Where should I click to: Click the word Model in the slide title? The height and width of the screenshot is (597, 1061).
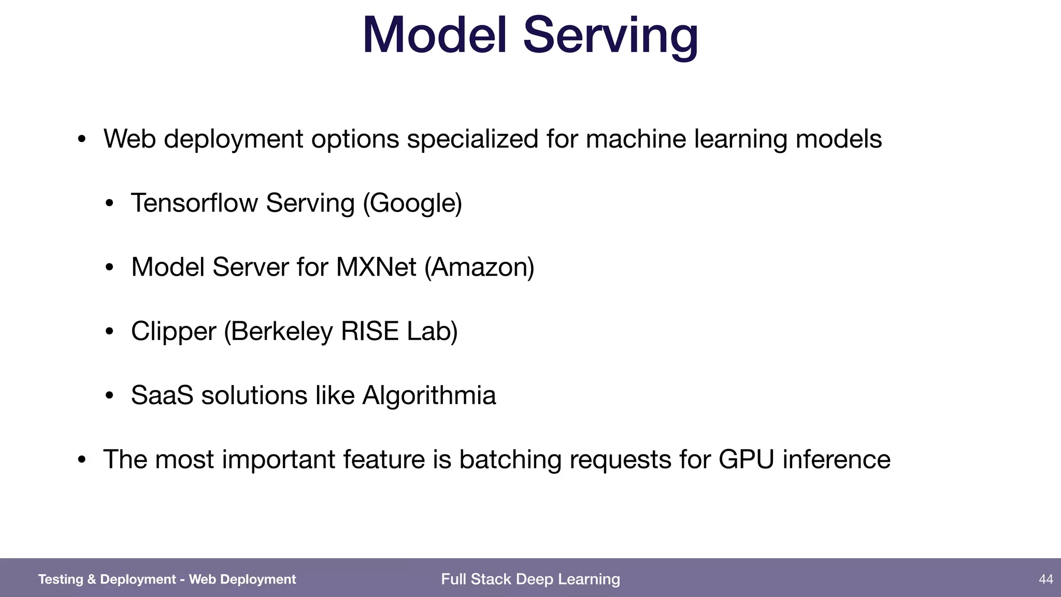(434, 35)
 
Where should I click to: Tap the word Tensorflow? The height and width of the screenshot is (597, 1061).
(194, 203)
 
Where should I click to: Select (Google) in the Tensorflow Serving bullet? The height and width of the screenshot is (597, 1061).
(412, 203)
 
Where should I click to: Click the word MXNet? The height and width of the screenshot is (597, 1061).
(376, 267)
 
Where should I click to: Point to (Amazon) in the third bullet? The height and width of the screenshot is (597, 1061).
(479, 267)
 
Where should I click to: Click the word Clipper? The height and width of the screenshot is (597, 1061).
(173, 332)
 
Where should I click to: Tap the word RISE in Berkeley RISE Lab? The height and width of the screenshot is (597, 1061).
(369, 331)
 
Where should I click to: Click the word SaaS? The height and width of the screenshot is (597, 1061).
(162, 395)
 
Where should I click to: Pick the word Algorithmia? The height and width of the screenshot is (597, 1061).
(429, 396)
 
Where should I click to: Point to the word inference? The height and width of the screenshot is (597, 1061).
(836, 460)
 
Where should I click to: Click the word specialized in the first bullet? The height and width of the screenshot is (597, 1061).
(472, 139)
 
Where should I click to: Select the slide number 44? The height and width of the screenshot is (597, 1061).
(1045, 579)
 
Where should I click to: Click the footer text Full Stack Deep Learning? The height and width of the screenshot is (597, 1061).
(530, 579)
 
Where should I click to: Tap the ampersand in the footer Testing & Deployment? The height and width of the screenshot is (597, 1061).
(91, 579)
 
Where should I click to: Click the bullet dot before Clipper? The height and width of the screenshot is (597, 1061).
(109, 332)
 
